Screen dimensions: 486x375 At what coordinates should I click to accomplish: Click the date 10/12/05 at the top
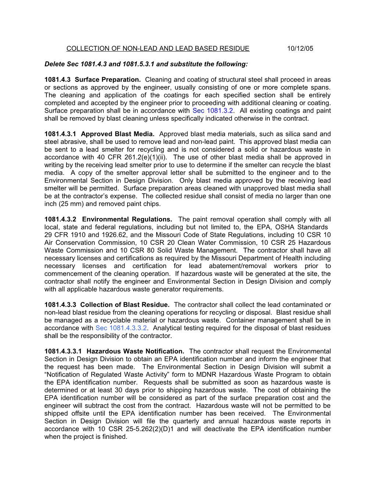pos(300,49)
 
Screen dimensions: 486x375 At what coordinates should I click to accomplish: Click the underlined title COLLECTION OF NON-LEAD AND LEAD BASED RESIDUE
pos(158,49)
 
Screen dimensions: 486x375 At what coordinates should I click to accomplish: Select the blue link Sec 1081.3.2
pos(213,111)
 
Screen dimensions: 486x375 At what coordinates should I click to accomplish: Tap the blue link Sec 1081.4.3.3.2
pos(121,328)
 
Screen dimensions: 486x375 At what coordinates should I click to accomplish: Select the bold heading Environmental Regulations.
pos(127,219)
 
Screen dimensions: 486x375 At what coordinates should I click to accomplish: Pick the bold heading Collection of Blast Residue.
pos(125,305)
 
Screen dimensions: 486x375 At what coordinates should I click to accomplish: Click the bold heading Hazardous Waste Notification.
pos(135,351)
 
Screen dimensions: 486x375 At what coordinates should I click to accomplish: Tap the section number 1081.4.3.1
pos(60,134)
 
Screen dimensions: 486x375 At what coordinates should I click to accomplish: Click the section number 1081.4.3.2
pos(60,219)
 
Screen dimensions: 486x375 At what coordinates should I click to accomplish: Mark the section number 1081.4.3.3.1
pos(63,351)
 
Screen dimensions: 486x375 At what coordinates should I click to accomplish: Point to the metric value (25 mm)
pos(70,204)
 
